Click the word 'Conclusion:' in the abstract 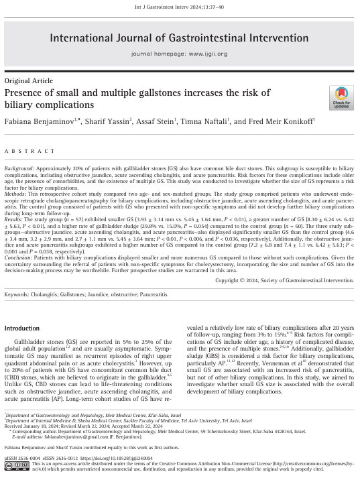pos(20,274)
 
